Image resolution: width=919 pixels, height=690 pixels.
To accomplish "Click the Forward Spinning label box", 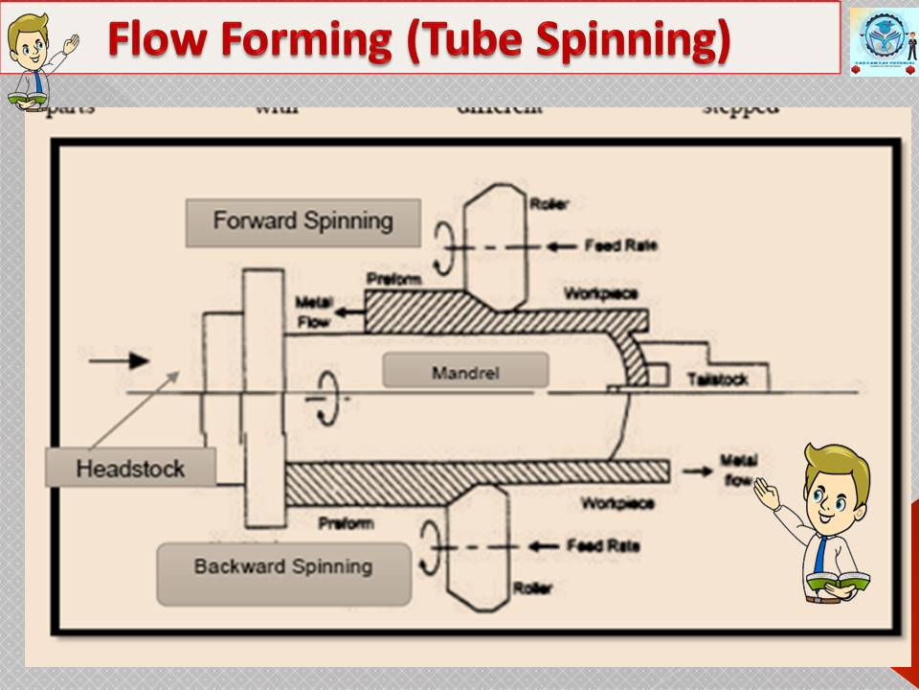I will (x=303, y=222).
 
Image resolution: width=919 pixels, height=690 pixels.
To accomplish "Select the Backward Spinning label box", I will (x=283, y=567).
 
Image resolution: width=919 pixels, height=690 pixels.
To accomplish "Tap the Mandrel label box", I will (x=465, y=370).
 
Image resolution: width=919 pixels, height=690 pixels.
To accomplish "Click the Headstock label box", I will (x=130, y=470).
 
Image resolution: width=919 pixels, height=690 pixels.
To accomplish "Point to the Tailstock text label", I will (x=717, y=380).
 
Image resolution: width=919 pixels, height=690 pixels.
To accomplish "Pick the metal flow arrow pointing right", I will (x=697, y=471).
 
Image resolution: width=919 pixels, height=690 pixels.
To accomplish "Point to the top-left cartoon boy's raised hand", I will (x=71, y=43).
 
